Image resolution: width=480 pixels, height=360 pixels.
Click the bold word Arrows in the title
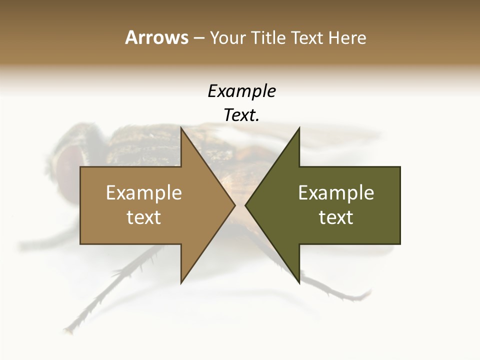pyautogui.click(x=156, y=37)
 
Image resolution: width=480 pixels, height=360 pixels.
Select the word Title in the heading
pyautogui.click(x=268, y=37)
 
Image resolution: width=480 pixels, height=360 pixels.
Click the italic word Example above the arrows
pyautogui.click(x=241, y=91)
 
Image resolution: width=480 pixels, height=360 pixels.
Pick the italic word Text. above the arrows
pyautogui.click(x=241, y=115)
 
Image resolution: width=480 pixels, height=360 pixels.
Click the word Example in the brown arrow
pyautogui.click(x=144, y=192)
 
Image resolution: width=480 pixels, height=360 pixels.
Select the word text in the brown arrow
pyautogui.click(x=144, y=217)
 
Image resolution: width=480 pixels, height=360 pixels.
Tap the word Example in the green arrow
pyautogui.click(x=336, y=192)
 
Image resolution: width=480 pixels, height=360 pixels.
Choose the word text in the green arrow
pyautogui.click(x=336, y=217)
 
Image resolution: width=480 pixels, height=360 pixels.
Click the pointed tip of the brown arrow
pyautogui.click(x=234, y=205)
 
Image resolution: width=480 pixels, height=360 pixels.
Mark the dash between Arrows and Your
pyautogui.click(x=198, y=38)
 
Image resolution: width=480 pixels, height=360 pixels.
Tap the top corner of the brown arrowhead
pyautogui.click(x=181, y=128)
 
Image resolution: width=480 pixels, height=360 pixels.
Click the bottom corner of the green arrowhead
pyautogui.click(x=299, y=282)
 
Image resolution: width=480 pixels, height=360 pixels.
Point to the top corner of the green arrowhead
pyautogui.click(x=299, y=128)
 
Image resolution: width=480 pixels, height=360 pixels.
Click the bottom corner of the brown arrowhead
pyautogui.click(x=181, y=282)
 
